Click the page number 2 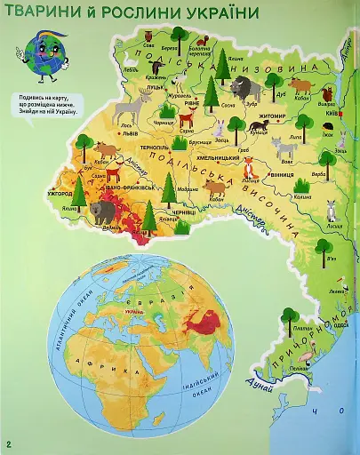(8, 443)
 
